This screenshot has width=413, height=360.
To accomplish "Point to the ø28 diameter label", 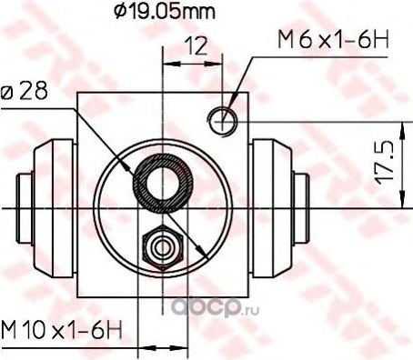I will pos(24,91).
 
